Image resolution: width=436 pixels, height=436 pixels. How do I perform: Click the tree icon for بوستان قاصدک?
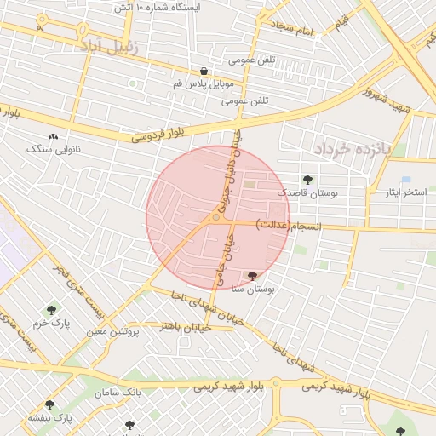[307, 180]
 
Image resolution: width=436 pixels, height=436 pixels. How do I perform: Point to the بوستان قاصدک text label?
[307, 194]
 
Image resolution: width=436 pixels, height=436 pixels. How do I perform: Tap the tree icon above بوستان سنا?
[252, 275]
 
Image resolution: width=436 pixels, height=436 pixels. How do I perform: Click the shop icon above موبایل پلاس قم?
[204, 72]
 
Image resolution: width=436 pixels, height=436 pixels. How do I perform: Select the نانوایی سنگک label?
[54, 149]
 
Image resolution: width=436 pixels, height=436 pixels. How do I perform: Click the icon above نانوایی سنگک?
[54, 136]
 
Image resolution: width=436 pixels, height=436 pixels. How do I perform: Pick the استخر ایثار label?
[404, 193]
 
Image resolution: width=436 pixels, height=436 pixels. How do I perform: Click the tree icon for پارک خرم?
[53, 310]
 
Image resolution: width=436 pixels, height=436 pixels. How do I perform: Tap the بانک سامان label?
[118, 393]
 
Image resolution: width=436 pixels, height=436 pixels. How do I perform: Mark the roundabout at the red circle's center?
[218, 218]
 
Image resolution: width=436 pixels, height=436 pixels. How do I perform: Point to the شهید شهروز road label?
[388, 100]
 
